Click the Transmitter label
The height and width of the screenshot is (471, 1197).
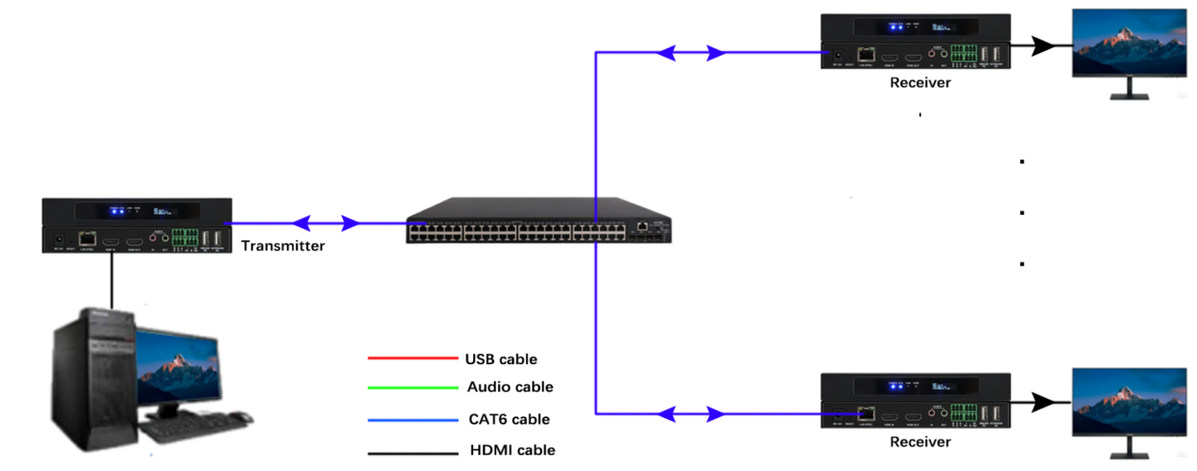[282, 246]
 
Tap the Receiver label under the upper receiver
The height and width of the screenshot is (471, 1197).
[920, 83]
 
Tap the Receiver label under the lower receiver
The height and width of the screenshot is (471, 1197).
[920, 442]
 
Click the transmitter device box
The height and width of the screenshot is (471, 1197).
[137, 225]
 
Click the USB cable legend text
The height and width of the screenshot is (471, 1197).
[501, 359]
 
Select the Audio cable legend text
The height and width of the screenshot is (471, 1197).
[510, 387]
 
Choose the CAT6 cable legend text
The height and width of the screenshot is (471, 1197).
[508, 419]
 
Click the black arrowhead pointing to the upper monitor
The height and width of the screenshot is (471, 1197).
[1042, 44]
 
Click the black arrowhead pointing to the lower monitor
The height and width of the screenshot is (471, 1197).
[1043, 402]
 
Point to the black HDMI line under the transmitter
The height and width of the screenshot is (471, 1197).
[111, 280]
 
